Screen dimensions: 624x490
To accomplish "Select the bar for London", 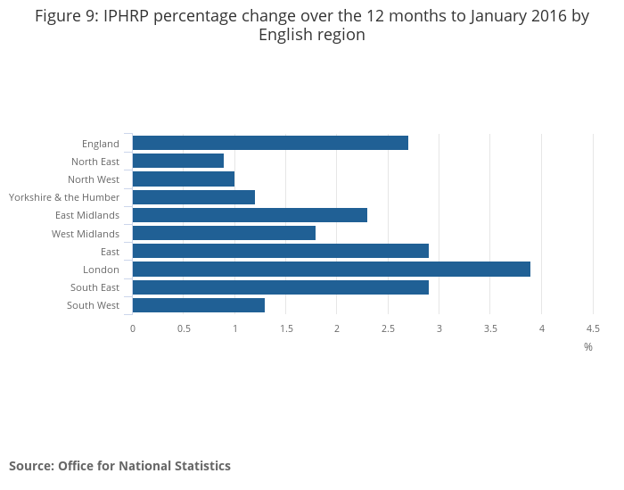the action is pos(332,270).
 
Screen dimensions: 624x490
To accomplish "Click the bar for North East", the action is pos(178,161).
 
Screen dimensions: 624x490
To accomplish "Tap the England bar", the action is pos(271,143).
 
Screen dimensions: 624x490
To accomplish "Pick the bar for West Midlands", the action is pos(224,233).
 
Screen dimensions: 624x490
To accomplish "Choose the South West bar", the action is pos(199,305).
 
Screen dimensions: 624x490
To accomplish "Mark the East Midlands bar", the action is pos(250,215).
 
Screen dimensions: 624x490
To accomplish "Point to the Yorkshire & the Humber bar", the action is pos(193,197).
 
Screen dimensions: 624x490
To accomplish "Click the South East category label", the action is pos(94,287).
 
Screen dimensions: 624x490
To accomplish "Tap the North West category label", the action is pos(94,179).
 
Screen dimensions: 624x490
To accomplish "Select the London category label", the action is pos(101,270).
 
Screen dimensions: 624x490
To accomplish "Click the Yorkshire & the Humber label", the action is pos(64,197).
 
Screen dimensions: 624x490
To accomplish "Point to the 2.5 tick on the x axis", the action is pos(388,328).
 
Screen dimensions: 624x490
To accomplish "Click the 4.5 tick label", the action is pos(593,328).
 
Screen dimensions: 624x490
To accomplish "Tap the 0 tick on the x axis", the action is pos(133,328).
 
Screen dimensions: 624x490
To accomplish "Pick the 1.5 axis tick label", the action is pos(286,328).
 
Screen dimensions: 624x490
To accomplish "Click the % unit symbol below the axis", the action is pos(588,347).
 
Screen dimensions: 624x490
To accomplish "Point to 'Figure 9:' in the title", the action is pos(67,16).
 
